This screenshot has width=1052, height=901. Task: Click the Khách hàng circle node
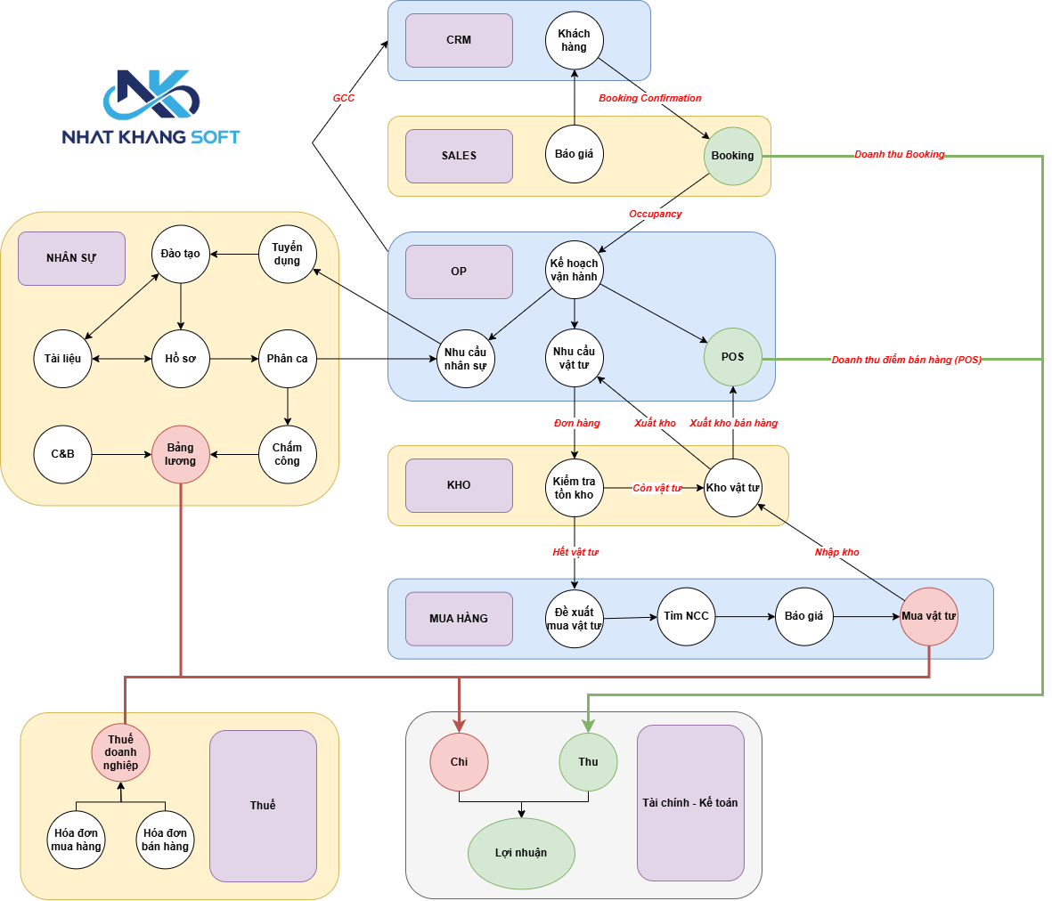click(x=575, y=40)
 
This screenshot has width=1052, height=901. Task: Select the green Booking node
click(x=732, y=156)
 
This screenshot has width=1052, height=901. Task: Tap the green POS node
click(x=732, y=357)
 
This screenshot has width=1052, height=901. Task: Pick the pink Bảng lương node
click(x=181, y=454)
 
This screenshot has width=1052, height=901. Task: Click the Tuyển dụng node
click(x=287, y=254)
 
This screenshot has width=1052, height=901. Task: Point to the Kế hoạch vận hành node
click(x=575, y=270)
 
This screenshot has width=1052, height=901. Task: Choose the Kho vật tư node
click(x=732, y=488)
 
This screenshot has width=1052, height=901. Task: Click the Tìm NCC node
click(x=687, y=617)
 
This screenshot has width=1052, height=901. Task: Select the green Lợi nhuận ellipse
click(x=521, y=854)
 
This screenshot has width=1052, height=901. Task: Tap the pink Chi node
click(x=459, y=762)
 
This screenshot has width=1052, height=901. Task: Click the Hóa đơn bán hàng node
click(x=165, y=840)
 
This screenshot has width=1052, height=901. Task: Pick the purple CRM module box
click(x=459, y=40)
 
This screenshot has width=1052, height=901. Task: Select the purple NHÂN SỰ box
click(x=72, y=259)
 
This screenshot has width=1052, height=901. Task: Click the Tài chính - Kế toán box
click(x=690, y=803)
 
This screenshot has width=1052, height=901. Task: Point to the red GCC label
click(x=344, y=98)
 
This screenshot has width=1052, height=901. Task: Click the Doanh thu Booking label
click(x=899, y=154)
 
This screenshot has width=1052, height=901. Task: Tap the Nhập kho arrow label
click(x=836, y=552)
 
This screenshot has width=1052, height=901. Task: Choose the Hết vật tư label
click(x=575, y=552)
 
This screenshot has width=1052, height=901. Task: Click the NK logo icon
click(x=151, y=94)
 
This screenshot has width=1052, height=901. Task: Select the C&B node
click(x=62, y=454)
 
